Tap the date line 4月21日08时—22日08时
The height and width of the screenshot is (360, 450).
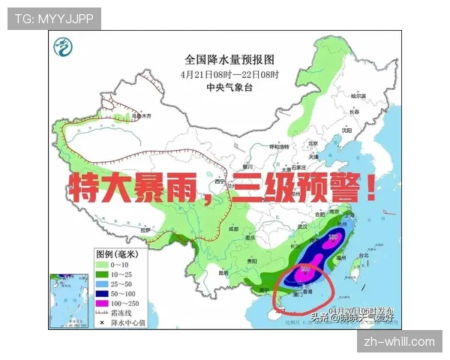(229, 74)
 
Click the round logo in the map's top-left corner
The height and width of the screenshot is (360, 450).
(62, 49)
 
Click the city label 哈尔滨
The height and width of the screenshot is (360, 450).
(358, 96)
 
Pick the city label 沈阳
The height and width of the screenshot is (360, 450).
(345, 130)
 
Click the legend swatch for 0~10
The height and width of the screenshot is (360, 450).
(102, 264)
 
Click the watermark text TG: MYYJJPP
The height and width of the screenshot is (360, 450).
(54, 19)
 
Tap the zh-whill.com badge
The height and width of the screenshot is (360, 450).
(399, 342)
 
